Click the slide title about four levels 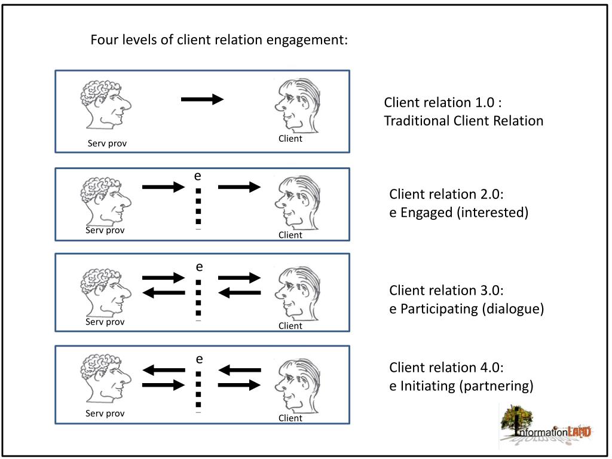coord(219,40)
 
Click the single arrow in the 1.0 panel coord(202,99)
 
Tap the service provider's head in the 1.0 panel coord(106,105)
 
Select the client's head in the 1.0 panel coord(297,106)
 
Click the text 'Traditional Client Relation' coord(464,121)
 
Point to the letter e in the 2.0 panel coord(198,176)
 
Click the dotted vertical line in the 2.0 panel coord(198,206)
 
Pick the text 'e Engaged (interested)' coord(459,213)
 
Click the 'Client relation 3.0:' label coord(446,290)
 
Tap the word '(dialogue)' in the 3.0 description coord(513,309)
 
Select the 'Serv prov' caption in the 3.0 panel coord(105,322)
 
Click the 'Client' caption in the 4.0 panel coord(290,418)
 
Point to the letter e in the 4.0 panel coord(200,359)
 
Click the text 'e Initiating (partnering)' coord(461,386)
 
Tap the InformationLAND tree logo coord(546,426)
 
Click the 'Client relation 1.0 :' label coord(443,102)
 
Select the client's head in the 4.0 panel coord(297,387)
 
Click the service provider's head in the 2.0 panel coord(106,201)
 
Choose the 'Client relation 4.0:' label coord(446,368)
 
